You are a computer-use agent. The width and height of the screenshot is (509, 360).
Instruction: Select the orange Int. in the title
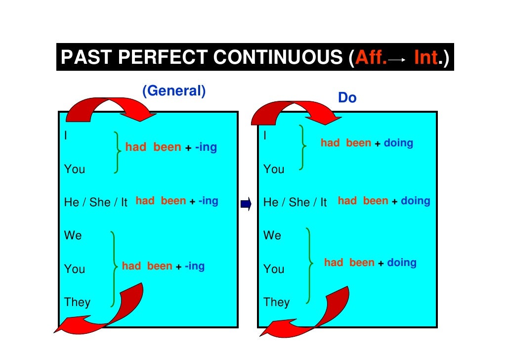426,58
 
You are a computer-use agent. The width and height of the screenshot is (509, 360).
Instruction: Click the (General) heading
173,91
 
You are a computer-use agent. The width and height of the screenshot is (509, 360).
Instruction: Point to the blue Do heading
347,98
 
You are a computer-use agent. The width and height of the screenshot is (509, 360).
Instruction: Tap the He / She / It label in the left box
96,202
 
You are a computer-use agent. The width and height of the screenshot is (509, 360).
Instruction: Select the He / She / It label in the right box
296,202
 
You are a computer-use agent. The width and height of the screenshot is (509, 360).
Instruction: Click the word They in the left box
77,302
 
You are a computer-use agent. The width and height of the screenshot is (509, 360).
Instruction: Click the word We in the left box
73,235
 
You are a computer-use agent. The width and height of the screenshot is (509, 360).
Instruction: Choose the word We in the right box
272,235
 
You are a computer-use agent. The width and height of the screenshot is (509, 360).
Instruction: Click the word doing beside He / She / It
415,201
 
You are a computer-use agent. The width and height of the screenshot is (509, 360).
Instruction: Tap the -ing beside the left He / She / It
208,201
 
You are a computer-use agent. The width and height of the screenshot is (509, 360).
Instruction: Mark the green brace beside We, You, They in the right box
309,265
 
